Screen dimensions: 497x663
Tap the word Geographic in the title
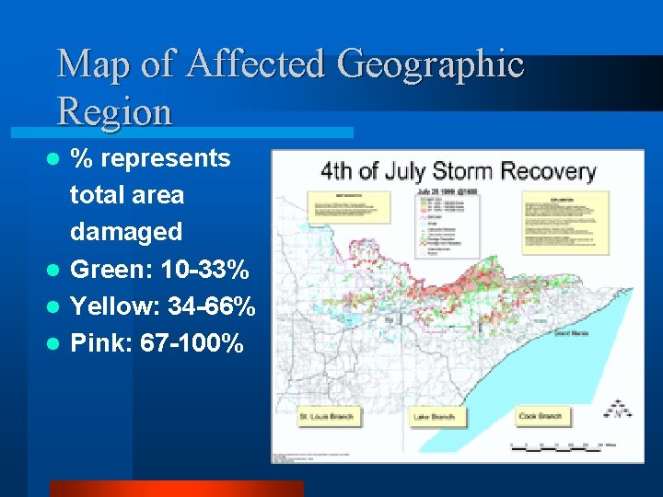431,64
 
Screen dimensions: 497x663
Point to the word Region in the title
114,111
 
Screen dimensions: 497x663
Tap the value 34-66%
212,307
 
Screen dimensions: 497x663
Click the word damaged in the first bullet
126,232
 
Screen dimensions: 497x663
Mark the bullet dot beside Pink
53,345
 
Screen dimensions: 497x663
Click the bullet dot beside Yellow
53,308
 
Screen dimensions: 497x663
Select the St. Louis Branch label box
326,418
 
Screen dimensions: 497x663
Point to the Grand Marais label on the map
567,335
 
